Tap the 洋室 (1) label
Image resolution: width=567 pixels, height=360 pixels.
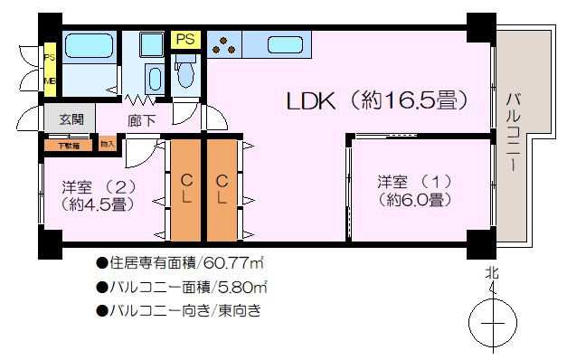point(413,190)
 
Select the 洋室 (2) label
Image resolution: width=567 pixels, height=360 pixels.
point(99,195)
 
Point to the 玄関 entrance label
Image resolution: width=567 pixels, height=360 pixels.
point(71,118)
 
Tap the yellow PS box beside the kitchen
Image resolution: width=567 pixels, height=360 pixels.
point(186,39)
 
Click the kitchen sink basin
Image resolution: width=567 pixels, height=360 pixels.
point(285,43)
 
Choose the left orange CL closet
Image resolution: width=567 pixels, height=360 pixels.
point(186,189)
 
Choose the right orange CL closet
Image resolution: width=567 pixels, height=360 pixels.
point(222,189)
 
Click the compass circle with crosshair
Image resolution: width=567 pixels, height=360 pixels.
point(493,322)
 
